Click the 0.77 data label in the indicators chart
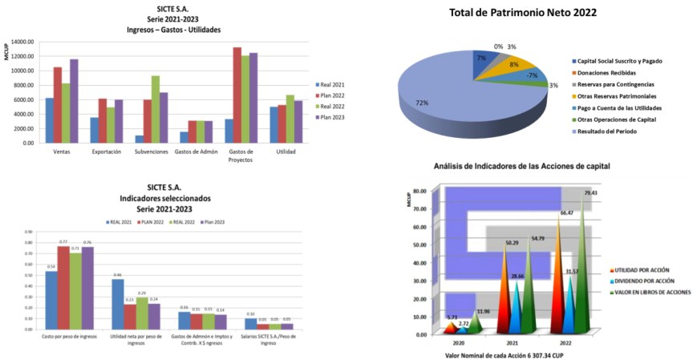pos(62,241)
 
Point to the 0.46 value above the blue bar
pos(117,274)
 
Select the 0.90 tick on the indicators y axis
pos(28,233)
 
